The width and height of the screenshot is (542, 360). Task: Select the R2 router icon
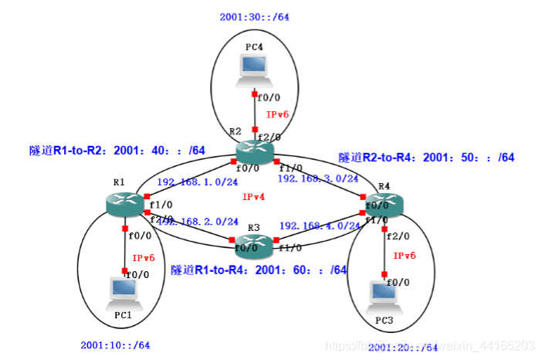coord(255,151)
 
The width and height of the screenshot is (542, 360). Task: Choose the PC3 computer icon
coord(384,294)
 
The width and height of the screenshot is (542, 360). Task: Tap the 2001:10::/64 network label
coord(115,345)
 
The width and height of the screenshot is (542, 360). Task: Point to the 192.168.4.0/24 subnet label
coord(320,226)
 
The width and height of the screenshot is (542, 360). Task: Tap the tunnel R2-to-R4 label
coord(426,158)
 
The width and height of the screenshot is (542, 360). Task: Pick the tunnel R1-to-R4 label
coord(259,270)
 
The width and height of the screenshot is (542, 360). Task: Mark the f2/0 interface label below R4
coord(397,236)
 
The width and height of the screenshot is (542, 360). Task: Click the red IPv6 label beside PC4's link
coord(277,114)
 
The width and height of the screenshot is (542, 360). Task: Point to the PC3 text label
coord(384,320)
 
